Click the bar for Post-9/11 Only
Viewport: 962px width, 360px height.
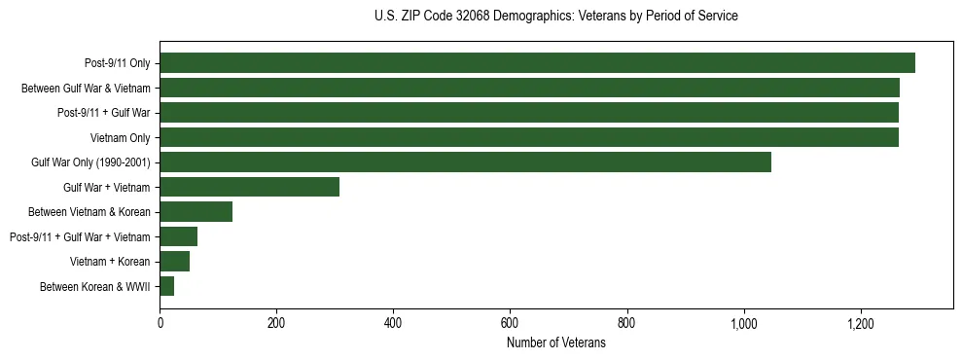click(x=537, y=63)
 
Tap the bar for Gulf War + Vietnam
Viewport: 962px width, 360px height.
click(x=249, y=187)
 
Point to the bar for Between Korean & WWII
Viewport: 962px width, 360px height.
click(x=166, y=286)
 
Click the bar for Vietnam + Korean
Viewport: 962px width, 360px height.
click(x=174, y=262)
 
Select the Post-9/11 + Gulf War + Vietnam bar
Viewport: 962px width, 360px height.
click(x=178, y=236)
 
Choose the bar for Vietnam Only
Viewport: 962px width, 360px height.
click(x=528, y=137)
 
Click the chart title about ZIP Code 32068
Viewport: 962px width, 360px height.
click(x=555, y=17)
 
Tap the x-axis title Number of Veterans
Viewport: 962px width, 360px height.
click(x=555, y=343)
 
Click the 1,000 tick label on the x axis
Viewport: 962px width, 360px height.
click(x=743, y=323)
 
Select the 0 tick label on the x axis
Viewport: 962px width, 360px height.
click(x=160, y=323)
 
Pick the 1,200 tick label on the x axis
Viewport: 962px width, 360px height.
click(x=860, y=323)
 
